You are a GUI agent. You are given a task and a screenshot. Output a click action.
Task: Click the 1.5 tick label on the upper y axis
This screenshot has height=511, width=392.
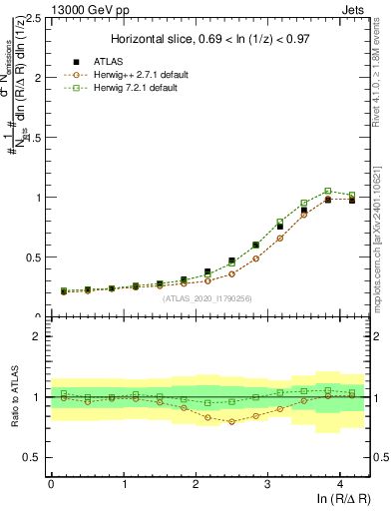pyautogui.click(x=34, y=138)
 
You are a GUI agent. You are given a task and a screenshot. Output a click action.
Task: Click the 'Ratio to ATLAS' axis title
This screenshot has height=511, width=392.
pyautogui.click(x=13, y=397)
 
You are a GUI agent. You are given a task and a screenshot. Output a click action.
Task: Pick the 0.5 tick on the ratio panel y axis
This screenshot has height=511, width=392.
pyautogui.click(x=34, y=457)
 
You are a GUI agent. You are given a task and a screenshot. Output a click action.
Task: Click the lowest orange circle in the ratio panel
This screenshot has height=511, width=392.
pyautogui.click(x=232, y=421)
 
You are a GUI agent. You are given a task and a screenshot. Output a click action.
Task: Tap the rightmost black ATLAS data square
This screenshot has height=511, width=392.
pyautogui.click(x=350, y=200)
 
